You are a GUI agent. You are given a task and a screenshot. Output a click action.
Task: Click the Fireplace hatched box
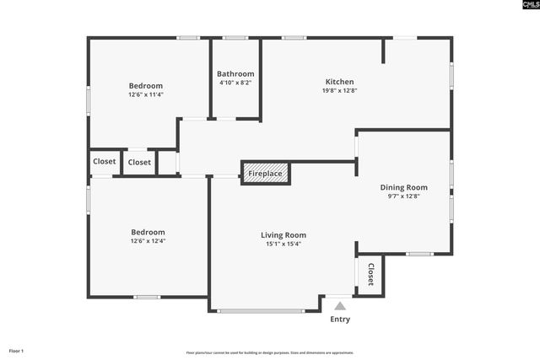[x=266, y=174]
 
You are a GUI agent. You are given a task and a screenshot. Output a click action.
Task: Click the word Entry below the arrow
[x=340, y=320]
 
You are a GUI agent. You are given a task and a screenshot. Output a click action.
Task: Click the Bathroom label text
[x=235, y=73]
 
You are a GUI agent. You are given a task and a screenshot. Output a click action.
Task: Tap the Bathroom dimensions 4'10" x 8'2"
[x=235, y=83]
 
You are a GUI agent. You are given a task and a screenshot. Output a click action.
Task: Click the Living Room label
[x=283, y=235]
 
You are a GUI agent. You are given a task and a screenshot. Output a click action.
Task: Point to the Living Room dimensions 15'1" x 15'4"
[x=283, y=244]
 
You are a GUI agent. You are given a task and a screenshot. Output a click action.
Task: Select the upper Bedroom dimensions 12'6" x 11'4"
[x=146, y=94]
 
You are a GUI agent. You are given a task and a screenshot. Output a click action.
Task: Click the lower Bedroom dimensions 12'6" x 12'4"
[x=148, y=241]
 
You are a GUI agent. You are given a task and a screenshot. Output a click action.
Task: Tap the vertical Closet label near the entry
[x=370, y=275]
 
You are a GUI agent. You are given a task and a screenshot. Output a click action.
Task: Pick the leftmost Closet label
[x=105, y=162]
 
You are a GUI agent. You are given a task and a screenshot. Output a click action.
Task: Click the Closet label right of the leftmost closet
[x=140, y=162]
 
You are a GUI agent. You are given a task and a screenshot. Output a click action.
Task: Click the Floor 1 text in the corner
[x=16, y=350]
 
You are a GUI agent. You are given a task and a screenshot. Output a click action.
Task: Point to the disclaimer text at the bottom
[x=270, y=352]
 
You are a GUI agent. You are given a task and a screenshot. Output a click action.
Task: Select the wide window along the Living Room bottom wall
[x=261, y=311]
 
